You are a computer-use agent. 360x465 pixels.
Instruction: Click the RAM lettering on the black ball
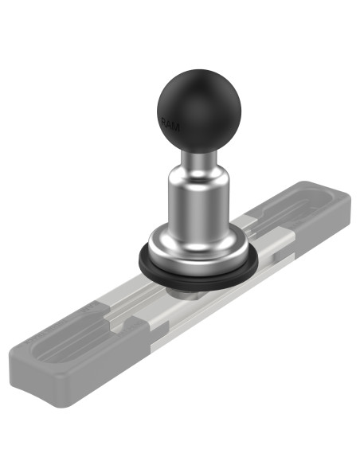click(170, 123)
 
